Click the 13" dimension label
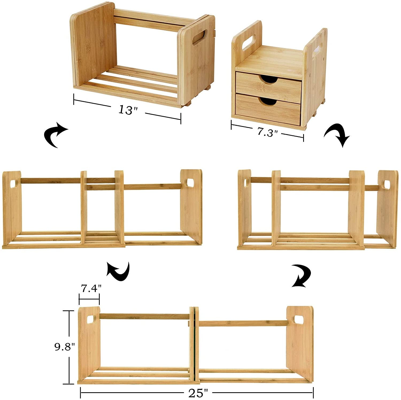coord(128,110)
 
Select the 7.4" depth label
coord(91,288)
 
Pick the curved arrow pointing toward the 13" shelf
coord(56,136)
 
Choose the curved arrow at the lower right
coord(301,276)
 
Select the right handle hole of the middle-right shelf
coord(388,184)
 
